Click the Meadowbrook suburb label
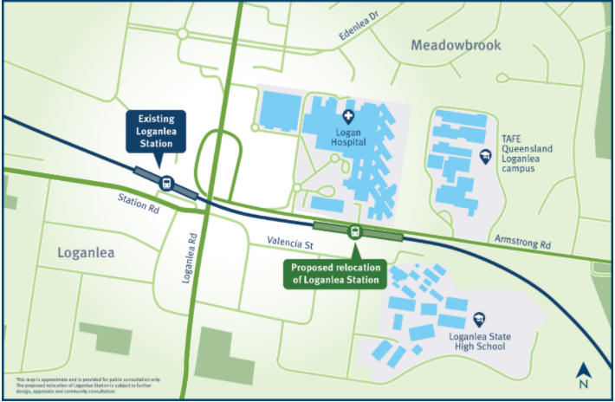click(456, 45)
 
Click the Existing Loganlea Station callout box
click(158, 131)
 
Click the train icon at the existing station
click(165, 183)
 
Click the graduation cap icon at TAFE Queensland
click(486, 156)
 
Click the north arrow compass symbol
click(583, 373)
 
